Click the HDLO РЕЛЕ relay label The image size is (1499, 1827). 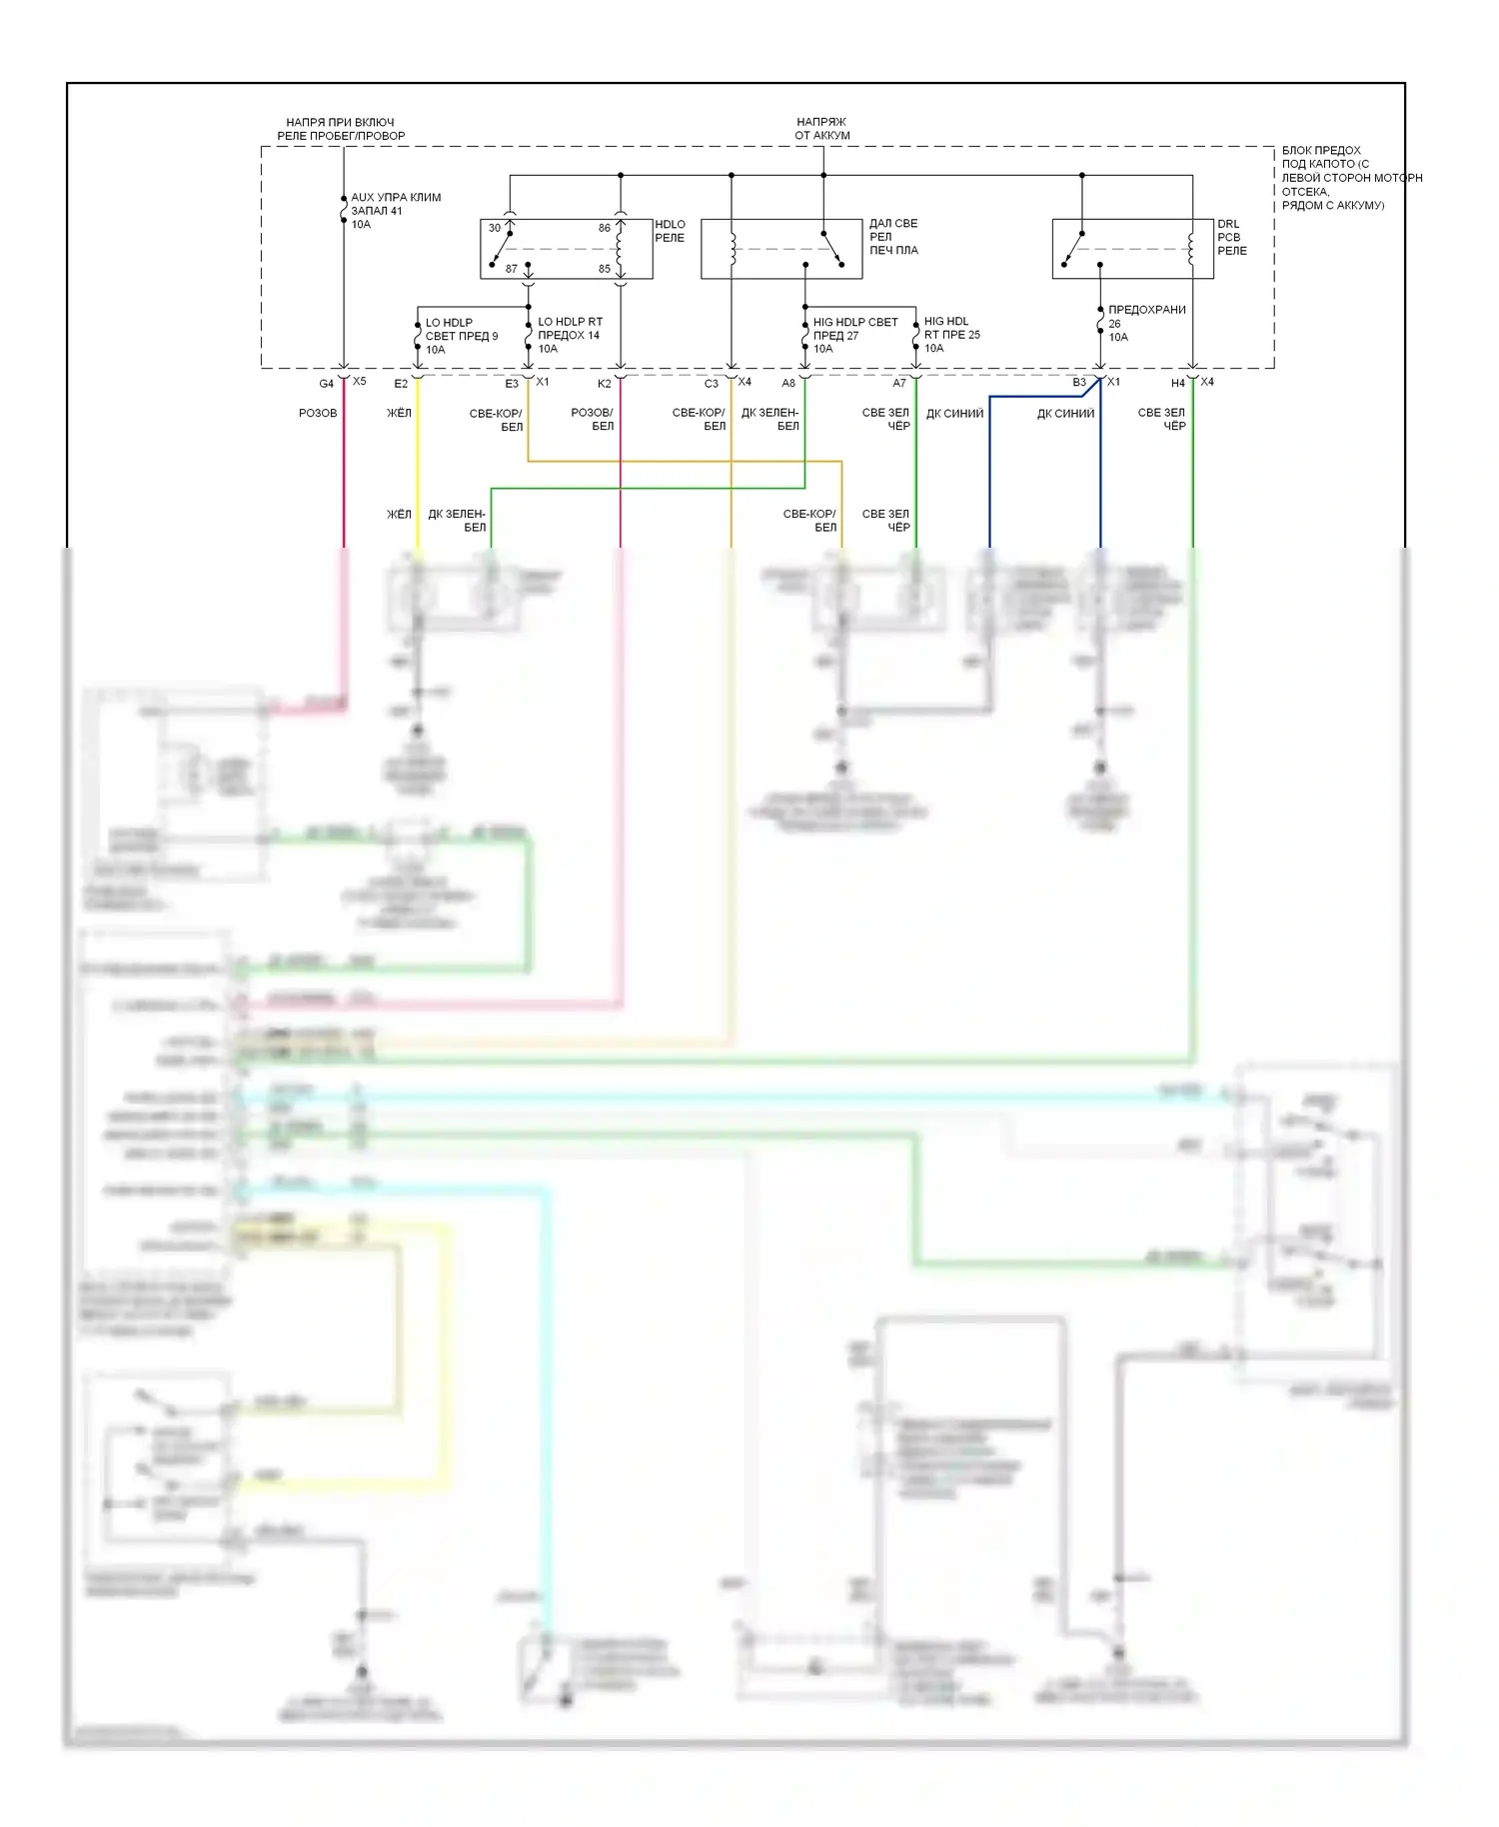coord(670,231)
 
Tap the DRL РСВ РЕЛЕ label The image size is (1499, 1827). coord(1231,238)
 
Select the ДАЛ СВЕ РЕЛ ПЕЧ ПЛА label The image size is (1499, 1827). coord(892,237)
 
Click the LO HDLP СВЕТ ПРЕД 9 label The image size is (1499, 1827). coord(461,336)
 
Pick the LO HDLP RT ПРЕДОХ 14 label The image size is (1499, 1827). coord(570,335)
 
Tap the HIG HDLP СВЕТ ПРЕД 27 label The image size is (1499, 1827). coord(854,335)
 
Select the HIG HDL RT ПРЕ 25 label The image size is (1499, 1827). coord(951,335)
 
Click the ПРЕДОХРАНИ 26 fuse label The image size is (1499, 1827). coord(1146,323)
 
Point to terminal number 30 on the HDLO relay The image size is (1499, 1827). coord(495,228)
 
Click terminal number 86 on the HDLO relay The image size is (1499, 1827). coord(605,228)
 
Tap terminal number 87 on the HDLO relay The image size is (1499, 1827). coord(512,269)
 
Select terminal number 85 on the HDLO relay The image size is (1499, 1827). coord(605,269)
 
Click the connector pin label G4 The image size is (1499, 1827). coord(326,384)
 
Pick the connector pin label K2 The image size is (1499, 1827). coord(605,384)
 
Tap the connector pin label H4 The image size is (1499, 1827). coord(1178,384)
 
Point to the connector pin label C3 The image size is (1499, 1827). coord(712,384)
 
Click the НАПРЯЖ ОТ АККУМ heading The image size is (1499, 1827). coord(821,129)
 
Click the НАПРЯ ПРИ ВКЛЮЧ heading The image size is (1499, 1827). coord(341,129)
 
